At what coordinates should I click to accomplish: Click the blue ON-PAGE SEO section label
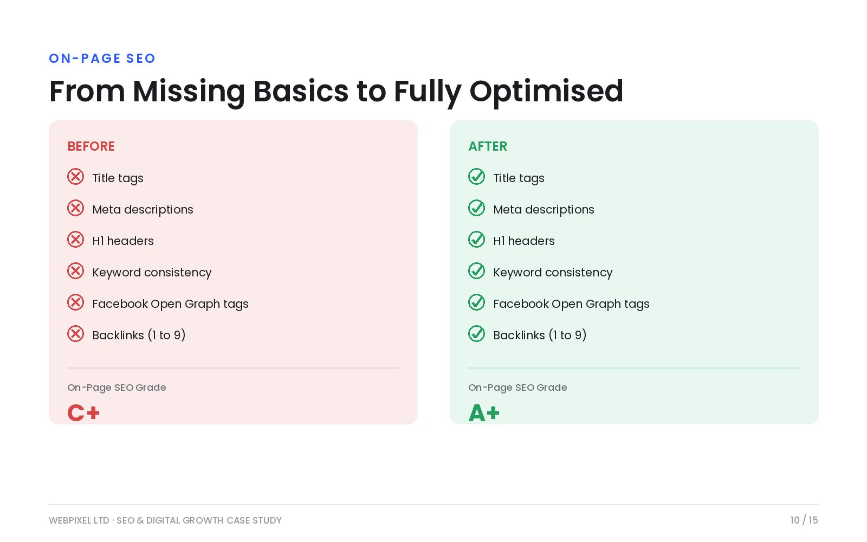(102, 59)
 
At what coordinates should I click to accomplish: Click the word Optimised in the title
(546, 92)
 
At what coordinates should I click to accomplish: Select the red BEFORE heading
(91, 146)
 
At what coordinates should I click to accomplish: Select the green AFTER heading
(488, 146)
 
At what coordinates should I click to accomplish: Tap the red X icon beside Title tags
(75, 177)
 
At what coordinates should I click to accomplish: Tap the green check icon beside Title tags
(476, 177)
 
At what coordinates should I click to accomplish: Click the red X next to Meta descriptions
(75, 208)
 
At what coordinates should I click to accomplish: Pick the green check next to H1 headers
(476, 240)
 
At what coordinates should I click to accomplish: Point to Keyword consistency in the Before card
(152, 273)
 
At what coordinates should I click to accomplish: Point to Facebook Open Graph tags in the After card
(571, 304)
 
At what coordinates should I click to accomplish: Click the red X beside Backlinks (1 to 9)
(75, 334)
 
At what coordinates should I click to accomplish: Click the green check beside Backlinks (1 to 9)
(476, 334)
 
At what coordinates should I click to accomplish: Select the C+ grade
(83, 412)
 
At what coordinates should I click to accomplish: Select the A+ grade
(484, 412)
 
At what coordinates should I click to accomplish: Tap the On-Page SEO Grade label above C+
(117, 388)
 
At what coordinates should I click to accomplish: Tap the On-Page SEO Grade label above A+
(517, 388)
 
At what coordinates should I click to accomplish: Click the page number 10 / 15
(804, 520)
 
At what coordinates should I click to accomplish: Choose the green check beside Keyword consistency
(476, 271)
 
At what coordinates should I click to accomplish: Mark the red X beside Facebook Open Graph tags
(75, 302)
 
